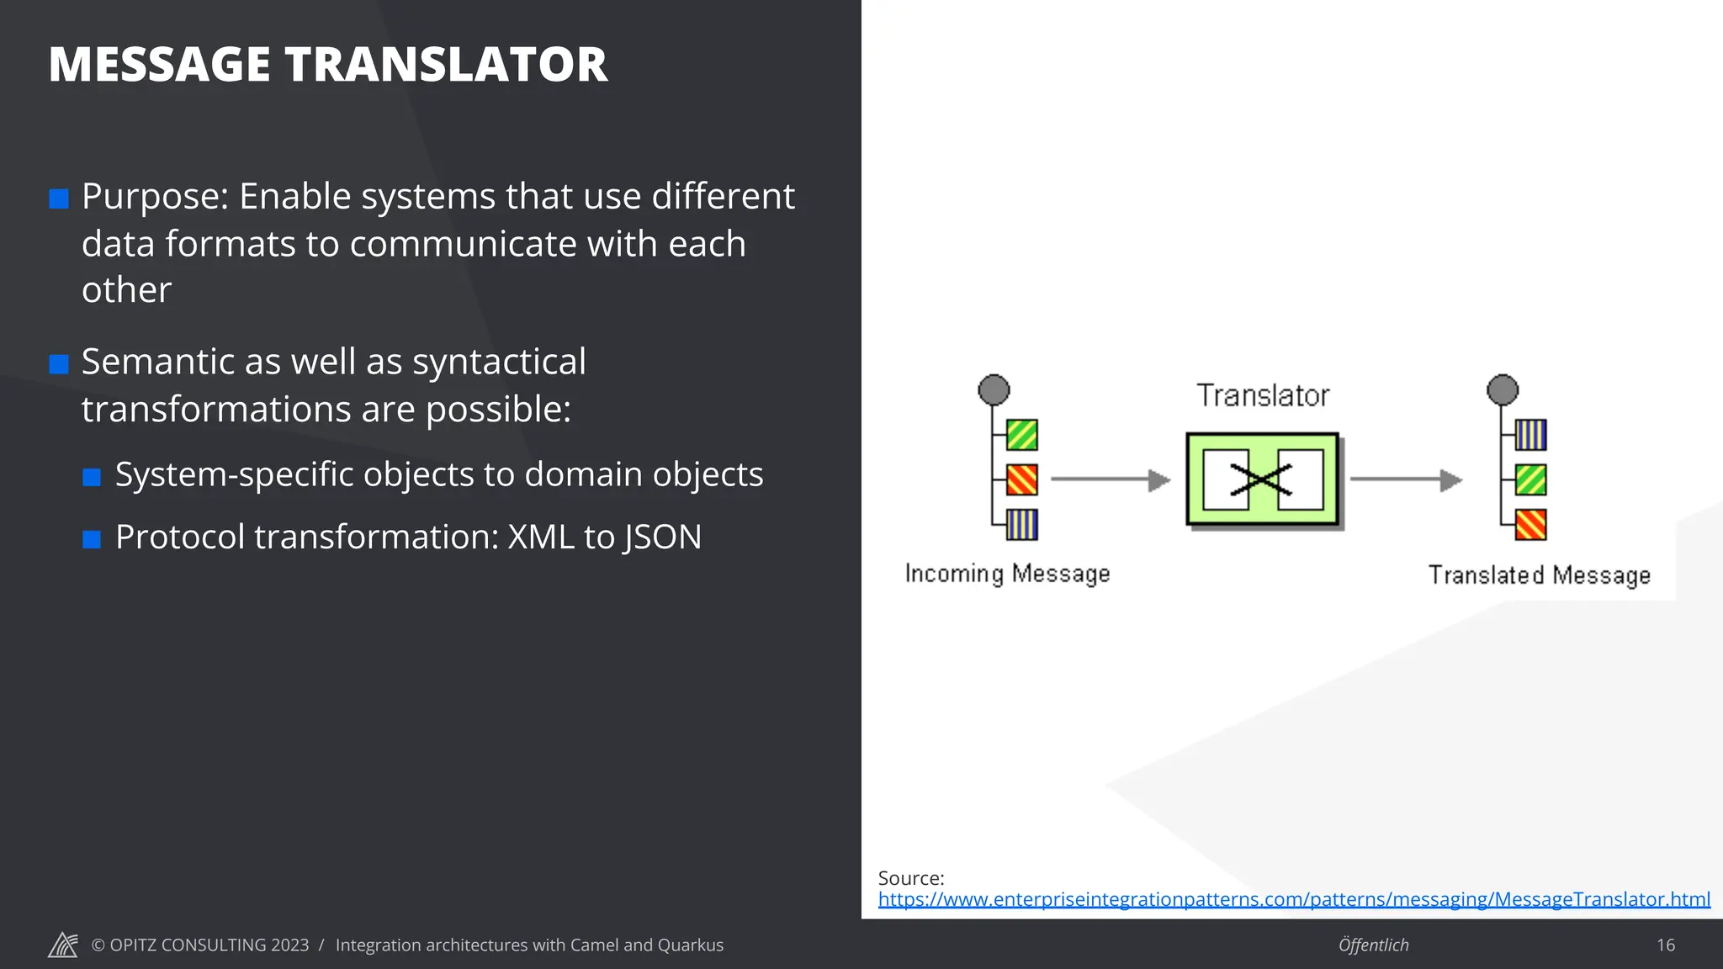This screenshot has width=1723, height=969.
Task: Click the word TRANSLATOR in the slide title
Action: coord(445,65)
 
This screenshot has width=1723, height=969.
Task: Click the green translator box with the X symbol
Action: coord(1262,479)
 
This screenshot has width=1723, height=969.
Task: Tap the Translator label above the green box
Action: coord(1262,395)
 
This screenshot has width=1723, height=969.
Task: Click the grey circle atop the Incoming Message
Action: coord(994,390)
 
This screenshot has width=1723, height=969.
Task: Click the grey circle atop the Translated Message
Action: coord(1503,390)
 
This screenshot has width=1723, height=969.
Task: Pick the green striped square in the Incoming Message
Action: coord(1022,435)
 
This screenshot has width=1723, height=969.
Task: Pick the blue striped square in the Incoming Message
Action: coord(1022,525)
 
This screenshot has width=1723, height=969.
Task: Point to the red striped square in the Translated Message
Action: coord(1531,525)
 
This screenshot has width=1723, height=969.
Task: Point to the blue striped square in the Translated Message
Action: coord(1531,435)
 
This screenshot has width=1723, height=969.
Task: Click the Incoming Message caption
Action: coord(1007,574)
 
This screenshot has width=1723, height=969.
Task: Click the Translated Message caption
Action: coord(1539,575)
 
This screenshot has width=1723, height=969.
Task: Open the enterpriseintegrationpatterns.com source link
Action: coord(1294,899)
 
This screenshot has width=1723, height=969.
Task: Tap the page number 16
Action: coord(1666,945)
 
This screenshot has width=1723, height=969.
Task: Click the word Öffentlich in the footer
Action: coord(1373,945)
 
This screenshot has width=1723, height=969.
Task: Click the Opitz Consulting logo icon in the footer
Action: coord(63,945)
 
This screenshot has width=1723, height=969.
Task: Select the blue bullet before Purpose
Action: coord(59,199)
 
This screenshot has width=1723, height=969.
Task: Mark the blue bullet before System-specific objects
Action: coord(92,478)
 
